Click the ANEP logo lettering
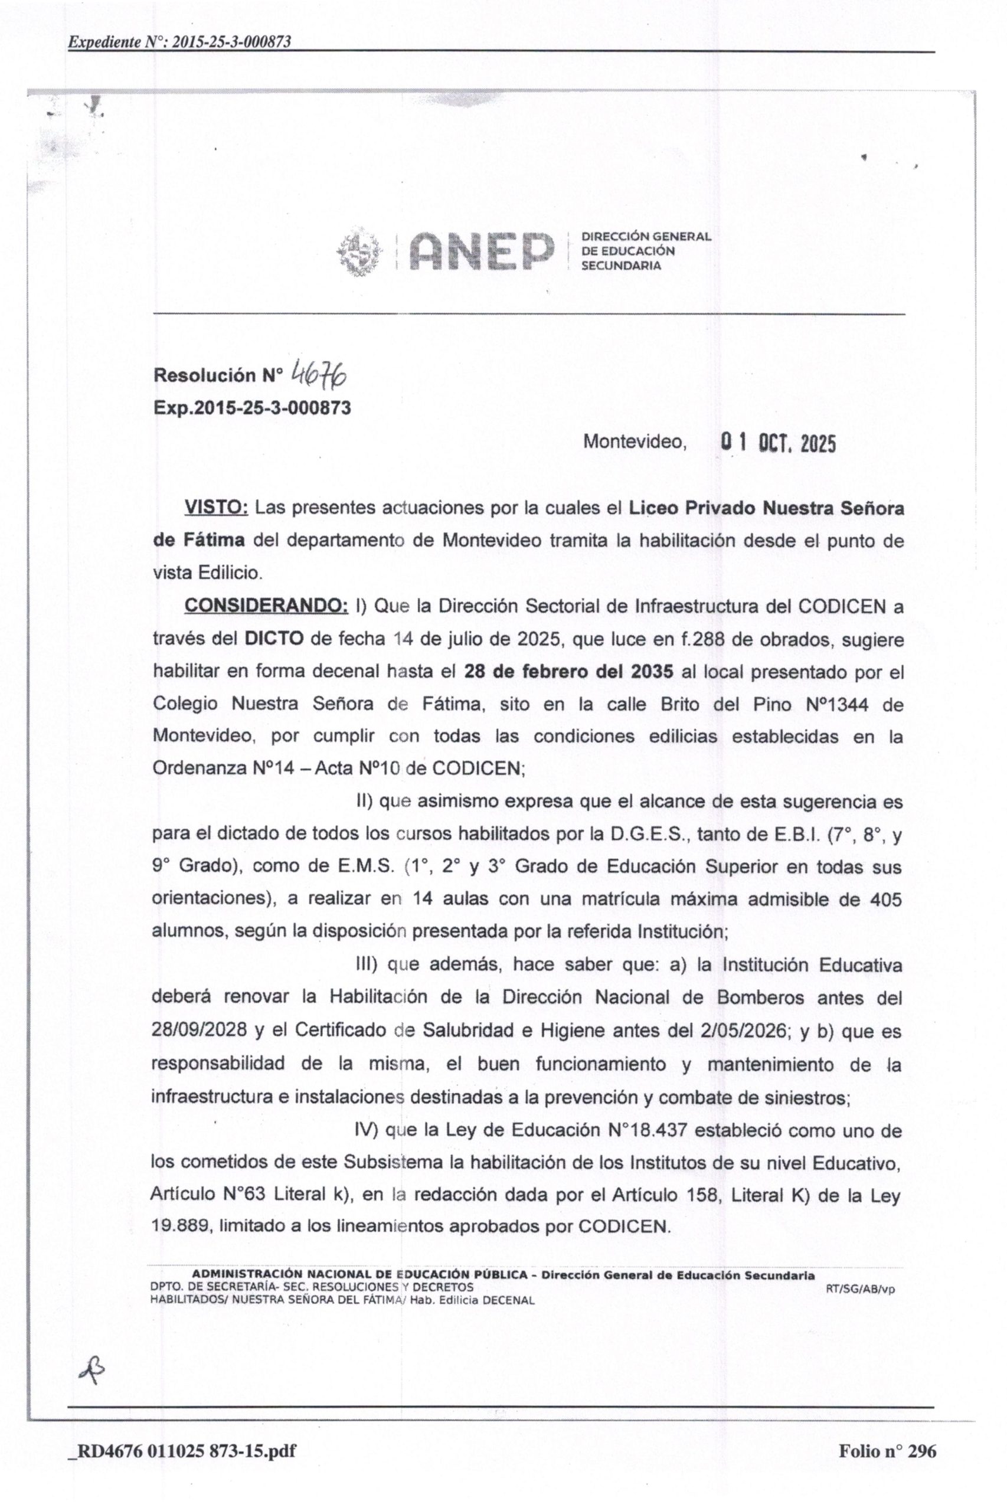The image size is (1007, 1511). tap(481, 251)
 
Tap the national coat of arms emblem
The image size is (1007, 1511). tap(358, 251)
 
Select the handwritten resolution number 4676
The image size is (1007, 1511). tap(319, 373)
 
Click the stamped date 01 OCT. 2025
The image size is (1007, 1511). tap(779, 443)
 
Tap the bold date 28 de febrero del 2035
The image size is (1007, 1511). tap(568, 672)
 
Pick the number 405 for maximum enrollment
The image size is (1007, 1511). tap(885, 899)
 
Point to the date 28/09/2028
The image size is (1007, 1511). tap(199, 1030)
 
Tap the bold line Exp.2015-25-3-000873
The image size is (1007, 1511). tap(253, 408)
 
